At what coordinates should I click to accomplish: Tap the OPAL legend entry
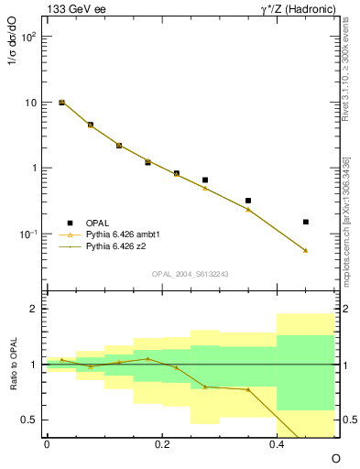pos(98,223)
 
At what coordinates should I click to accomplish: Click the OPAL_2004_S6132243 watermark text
pos(191,274)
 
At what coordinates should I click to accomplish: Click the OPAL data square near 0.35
pos(248,201)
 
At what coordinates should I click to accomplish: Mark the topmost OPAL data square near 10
pos(61,103)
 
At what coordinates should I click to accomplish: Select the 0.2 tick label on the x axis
pos(161,444)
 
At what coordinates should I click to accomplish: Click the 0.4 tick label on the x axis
pos(277,444)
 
